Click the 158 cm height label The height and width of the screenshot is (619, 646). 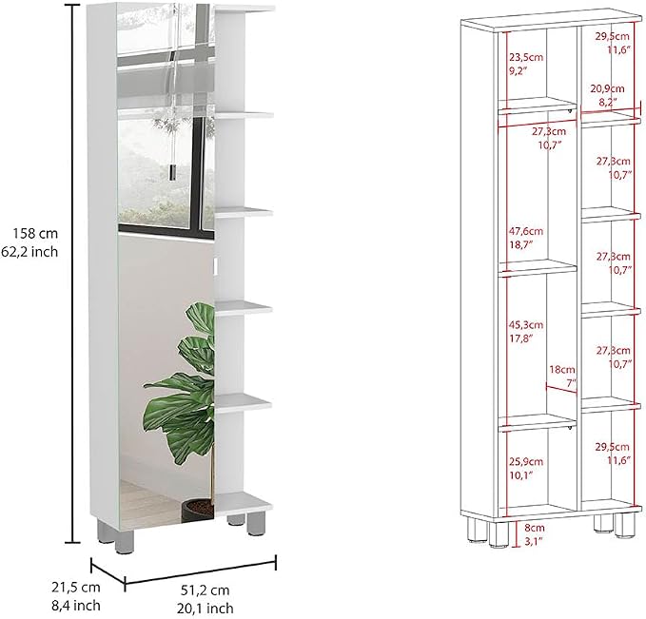(35, 234)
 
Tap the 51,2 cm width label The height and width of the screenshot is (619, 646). (205, 590)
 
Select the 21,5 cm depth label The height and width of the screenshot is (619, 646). (76, 587)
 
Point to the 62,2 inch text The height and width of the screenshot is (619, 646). (29, 252)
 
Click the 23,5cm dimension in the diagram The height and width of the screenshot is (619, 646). (526, 57)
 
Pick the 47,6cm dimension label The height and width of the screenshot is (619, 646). (526, 231)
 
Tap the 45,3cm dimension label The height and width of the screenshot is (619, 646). (526, 325)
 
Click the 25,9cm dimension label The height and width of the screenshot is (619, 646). (526, 462)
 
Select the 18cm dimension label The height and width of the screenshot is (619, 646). (562, 370)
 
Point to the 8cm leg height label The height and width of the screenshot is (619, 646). (535, 528)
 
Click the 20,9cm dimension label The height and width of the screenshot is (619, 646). (607, 88)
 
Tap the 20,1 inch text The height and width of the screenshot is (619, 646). (206, 608)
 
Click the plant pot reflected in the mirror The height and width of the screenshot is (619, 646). (198, 510)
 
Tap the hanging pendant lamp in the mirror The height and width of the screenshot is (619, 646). (172, 170)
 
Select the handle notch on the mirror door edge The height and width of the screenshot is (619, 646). (215, 265)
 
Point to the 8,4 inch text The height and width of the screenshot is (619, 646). (76, 605)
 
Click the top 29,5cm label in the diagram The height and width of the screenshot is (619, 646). (612, 36)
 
